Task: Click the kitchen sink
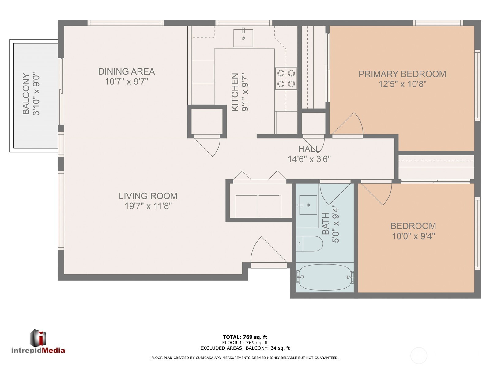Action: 243,38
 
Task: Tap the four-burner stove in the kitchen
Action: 286,79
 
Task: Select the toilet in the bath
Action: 310,244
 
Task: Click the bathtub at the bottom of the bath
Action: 325,278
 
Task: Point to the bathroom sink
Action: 308,205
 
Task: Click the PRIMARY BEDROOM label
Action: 402,74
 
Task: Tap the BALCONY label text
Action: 26,94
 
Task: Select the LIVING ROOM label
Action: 148,196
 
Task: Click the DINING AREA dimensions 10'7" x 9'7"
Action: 126,82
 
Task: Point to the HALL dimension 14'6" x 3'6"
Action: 309,159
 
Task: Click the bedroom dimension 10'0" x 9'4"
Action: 413,236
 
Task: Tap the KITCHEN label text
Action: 235,92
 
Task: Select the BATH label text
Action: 326,224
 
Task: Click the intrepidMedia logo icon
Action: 38,338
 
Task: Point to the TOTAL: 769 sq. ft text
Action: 245,337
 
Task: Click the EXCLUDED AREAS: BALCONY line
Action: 245,348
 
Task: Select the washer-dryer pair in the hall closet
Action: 258,206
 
